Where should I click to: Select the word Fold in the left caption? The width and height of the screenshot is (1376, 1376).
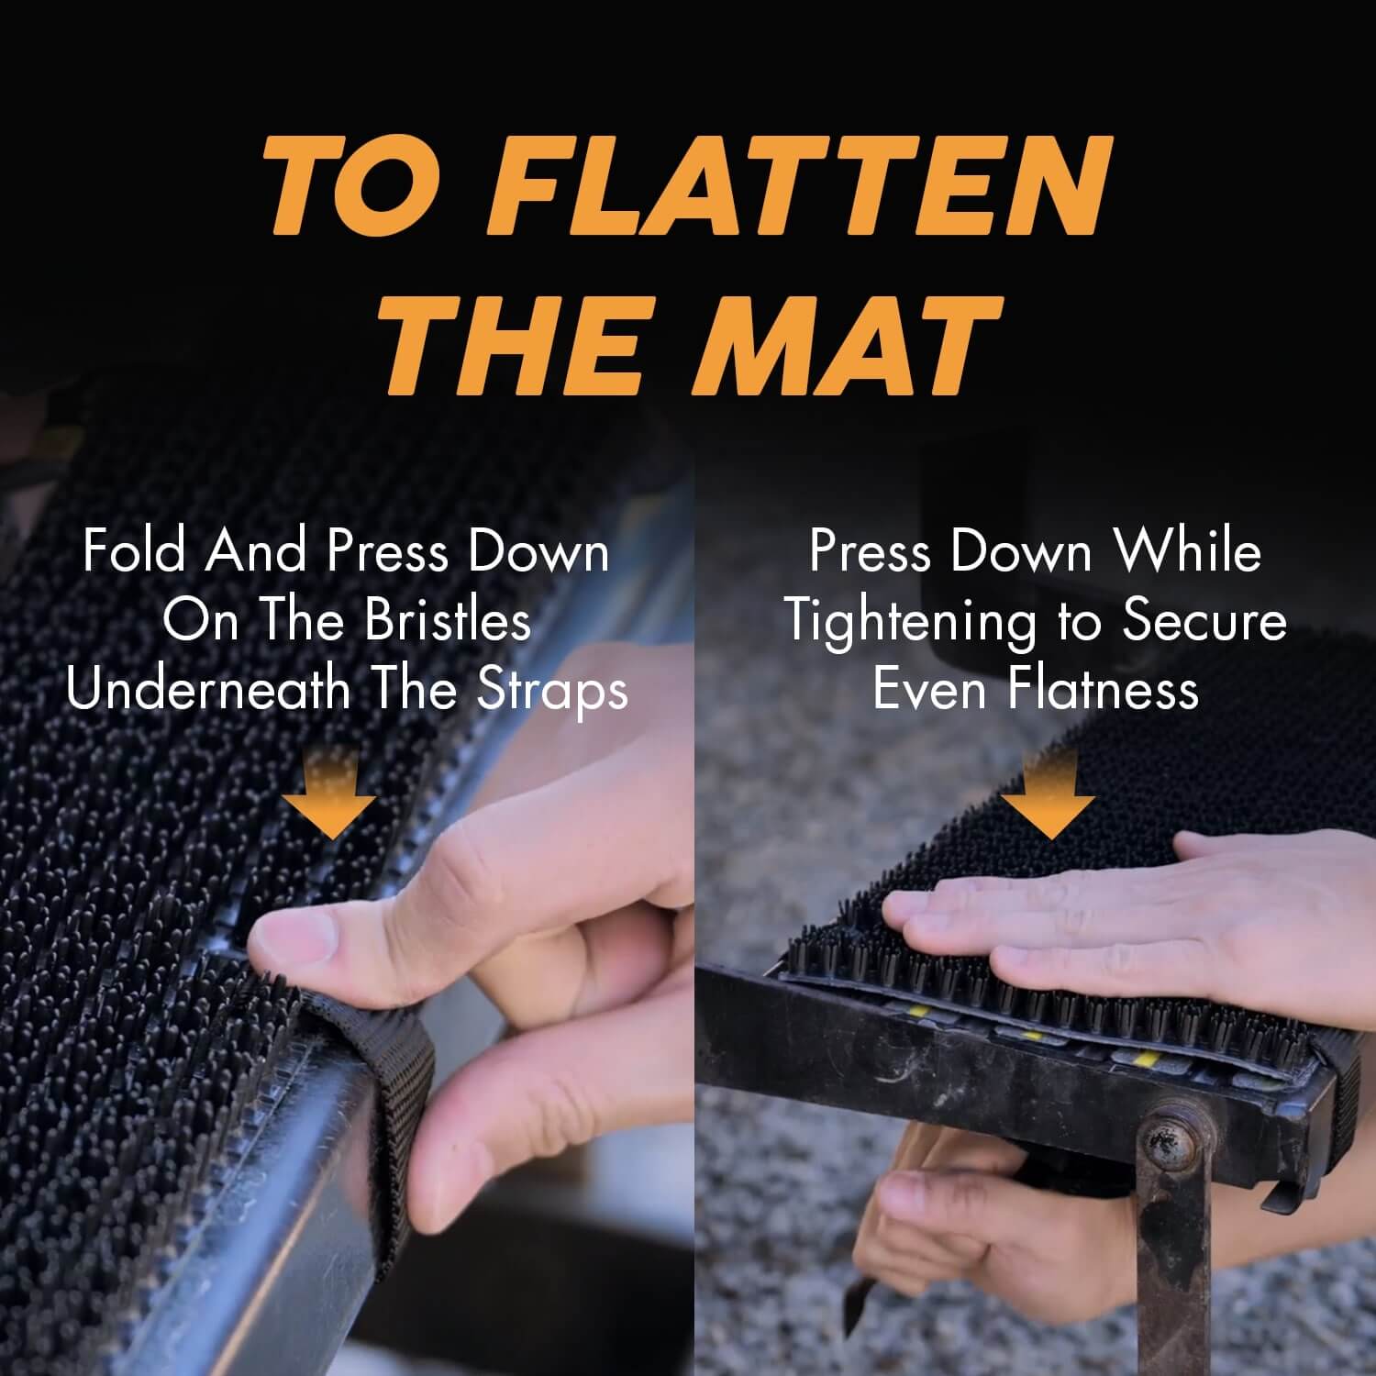point(134,551)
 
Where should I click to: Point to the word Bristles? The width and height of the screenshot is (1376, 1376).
point(448,621)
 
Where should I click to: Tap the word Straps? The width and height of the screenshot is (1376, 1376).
point(552,691)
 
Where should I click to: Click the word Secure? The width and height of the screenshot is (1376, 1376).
point(1204,621)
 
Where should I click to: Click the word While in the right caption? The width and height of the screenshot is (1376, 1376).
point(1188,551)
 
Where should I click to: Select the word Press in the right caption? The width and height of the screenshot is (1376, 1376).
point(868,551)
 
